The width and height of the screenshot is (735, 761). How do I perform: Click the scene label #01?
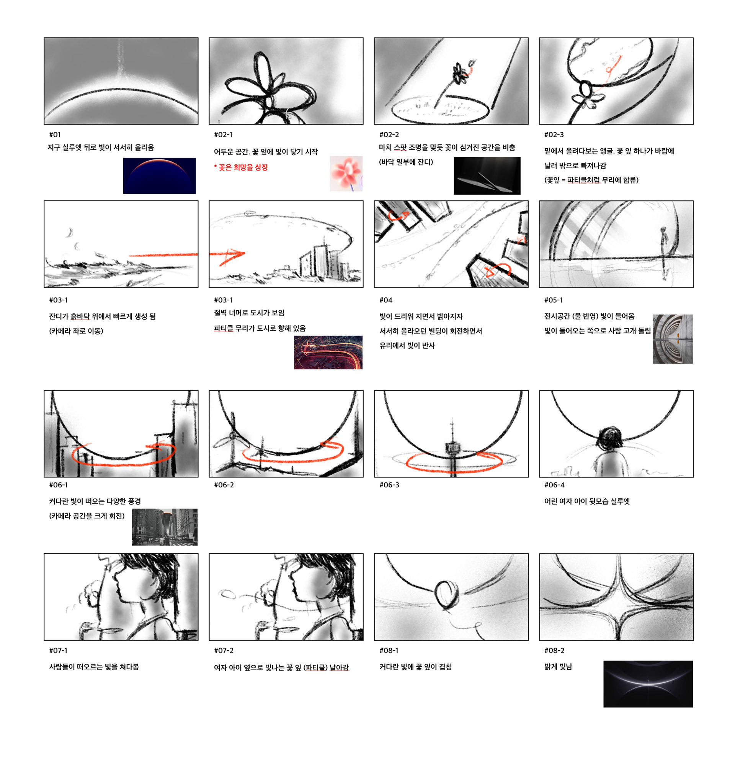pyautogui.click(x=55, y=134)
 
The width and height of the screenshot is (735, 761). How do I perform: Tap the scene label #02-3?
pyautogui.click(x=554, y=134)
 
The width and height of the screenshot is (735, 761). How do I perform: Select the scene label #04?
pyautogui.click(x=385, y=300)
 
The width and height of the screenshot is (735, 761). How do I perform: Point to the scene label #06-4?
pyautogui.click(x=554, y=485)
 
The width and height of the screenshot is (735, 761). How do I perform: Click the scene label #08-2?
pyautogui.click(x=554, y=650)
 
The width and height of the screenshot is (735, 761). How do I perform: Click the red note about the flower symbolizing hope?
pyautogui.click(x=241, y=167)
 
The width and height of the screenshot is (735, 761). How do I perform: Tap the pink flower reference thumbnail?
pyautogui.click(x=346, y=174)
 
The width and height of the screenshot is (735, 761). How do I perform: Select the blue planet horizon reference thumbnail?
pyautogui.click(x=159, y=175)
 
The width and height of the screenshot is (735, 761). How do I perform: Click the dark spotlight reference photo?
pyautogui.click(x=487, y=175)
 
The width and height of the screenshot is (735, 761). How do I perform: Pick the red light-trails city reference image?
pyautogui.click(x=328, y=352)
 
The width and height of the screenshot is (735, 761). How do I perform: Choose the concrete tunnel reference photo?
pyautogui.click(x=673, y=339)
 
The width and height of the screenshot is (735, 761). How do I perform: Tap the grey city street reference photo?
pyautogui.click(x=165, y=527)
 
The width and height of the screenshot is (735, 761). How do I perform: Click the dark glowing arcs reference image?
pyautogui.click(x=648, y=684)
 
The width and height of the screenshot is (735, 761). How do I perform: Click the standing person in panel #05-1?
pyautogui.click(x=664, y=253)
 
